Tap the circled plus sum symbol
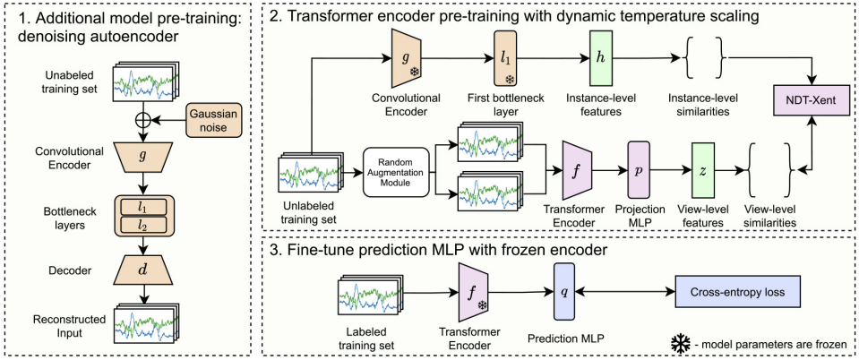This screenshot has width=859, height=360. coord(143,121)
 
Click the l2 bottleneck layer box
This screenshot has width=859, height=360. coord(143,224)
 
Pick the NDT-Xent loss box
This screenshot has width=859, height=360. coord(812,101)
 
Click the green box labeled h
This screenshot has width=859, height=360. coord(602,58)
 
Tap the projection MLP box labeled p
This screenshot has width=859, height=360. coord(639,170)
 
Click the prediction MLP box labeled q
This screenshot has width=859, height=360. coord(563,292)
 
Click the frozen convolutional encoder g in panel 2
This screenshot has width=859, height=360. coord(407,58)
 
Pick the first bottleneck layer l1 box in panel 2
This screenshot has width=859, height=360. coord(505,58)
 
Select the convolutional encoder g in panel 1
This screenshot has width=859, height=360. coord(143,157)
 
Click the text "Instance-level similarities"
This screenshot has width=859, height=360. coord(703,104)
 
